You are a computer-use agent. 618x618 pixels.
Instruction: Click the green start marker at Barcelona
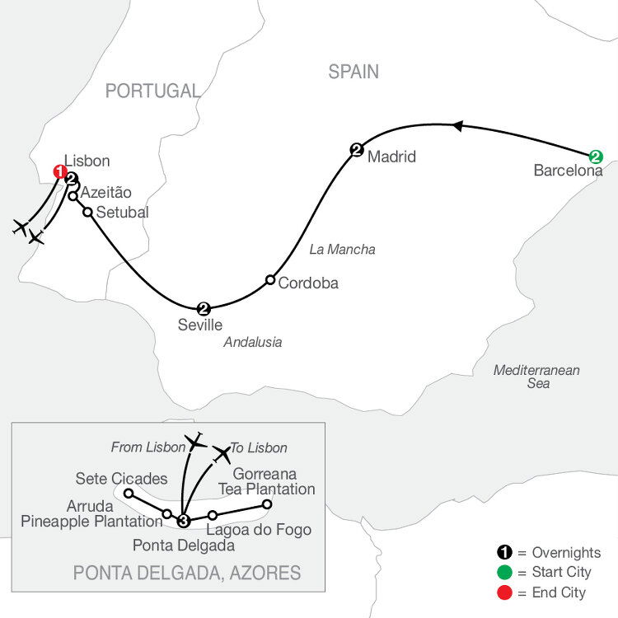[596, 157]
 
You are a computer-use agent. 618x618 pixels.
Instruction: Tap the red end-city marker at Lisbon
[60, 171]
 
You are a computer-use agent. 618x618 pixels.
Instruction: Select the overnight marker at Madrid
[357, 150]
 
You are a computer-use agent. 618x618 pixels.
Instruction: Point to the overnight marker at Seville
[204, 309]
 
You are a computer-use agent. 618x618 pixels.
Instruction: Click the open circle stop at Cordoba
[270, 280]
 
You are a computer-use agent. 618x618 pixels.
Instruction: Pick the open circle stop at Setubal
[87, 212]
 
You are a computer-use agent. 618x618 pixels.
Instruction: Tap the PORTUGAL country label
[152, 91]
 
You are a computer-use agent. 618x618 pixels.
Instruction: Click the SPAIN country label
[353, 72]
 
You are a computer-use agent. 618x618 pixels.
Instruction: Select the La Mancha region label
[342, 250]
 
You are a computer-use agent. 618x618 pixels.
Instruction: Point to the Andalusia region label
[253, 342]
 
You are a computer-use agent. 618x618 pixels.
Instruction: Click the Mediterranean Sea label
[536, 377]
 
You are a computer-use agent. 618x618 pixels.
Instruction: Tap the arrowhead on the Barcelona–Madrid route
[457, 126]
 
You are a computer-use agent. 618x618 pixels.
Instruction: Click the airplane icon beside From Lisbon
[195, 442]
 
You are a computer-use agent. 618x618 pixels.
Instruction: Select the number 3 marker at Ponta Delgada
[183, 521]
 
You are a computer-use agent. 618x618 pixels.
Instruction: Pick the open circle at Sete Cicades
[129, 493]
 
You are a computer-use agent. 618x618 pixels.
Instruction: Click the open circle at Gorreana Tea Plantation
[267, 504]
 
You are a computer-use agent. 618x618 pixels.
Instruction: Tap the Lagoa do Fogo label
[259, 530]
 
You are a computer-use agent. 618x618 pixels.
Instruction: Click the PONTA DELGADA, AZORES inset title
[187, 573]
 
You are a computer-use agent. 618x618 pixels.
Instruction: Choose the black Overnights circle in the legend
[504, 552]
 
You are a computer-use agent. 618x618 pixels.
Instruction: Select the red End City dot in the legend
[504, 592]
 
